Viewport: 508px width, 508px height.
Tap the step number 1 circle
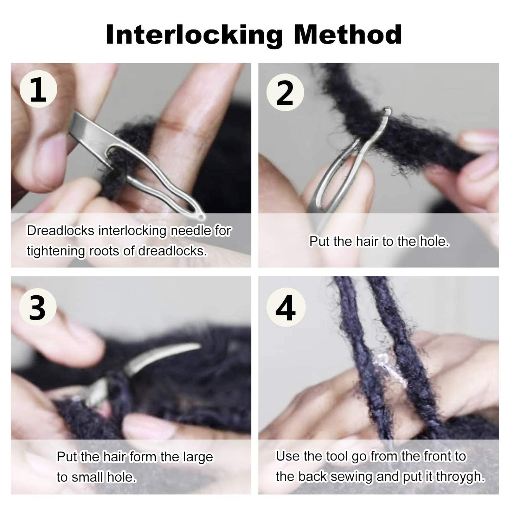[x=38, y=90]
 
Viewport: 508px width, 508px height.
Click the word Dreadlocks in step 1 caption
[x=61, y=231]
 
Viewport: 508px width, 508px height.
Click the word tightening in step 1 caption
[x=56, y=251]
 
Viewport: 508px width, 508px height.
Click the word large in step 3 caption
[x=198, y=457]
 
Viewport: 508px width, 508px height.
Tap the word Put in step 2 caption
[x=319, y=242]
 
